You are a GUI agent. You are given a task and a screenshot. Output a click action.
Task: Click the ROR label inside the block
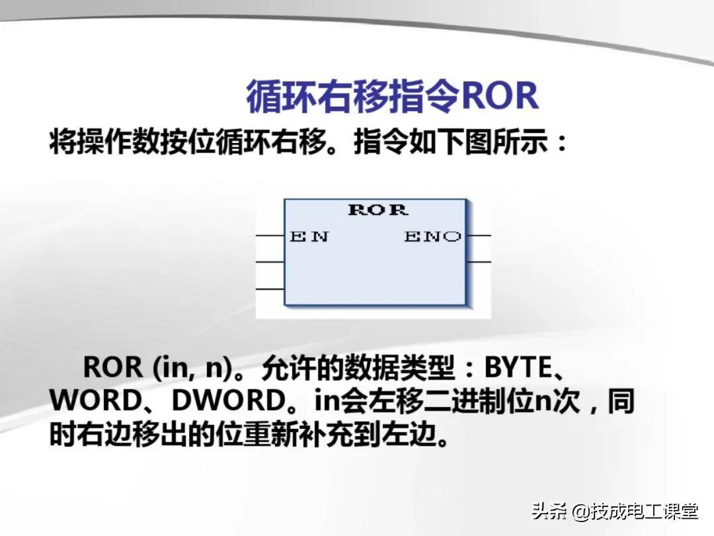tap(378, 210)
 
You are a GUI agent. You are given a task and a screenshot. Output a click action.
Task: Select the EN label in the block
tap(309, 236)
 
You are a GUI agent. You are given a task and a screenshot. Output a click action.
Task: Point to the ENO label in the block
tap(432, 236)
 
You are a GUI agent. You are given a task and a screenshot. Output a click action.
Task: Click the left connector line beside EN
tap(270, 236)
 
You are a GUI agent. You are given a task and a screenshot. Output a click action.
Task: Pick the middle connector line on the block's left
tap(270, 262)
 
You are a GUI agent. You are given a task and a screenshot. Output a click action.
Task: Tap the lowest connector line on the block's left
tap(270, 289)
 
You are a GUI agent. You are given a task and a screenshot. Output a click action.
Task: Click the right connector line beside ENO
tap(479, 236)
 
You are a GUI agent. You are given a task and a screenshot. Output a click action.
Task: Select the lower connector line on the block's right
tap(479, 262)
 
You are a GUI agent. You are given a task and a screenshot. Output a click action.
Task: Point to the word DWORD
tap(228, 400)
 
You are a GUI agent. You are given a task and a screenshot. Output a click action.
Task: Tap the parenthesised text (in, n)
tap(192, 369)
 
